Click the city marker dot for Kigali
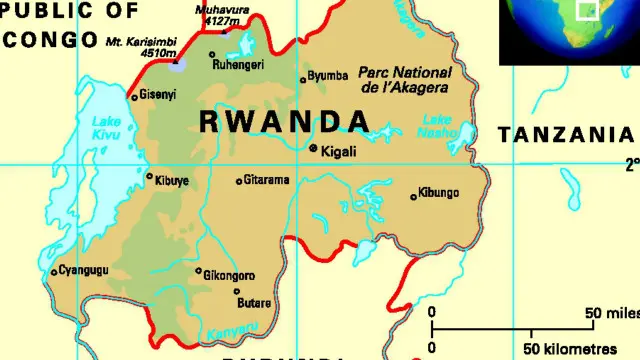[x=313, y=149]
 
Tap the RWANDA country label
[x=285, y=121]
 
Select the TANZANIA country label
[x=566, y=135]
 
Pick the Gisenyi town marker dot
[x=134, y=97]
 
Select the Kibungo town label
[x=438, y=192]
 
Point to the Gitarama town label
[x=266, y=181]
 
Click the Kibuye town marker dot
[x=150, y=178]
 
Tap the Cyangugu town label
[x=83, y=271]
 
